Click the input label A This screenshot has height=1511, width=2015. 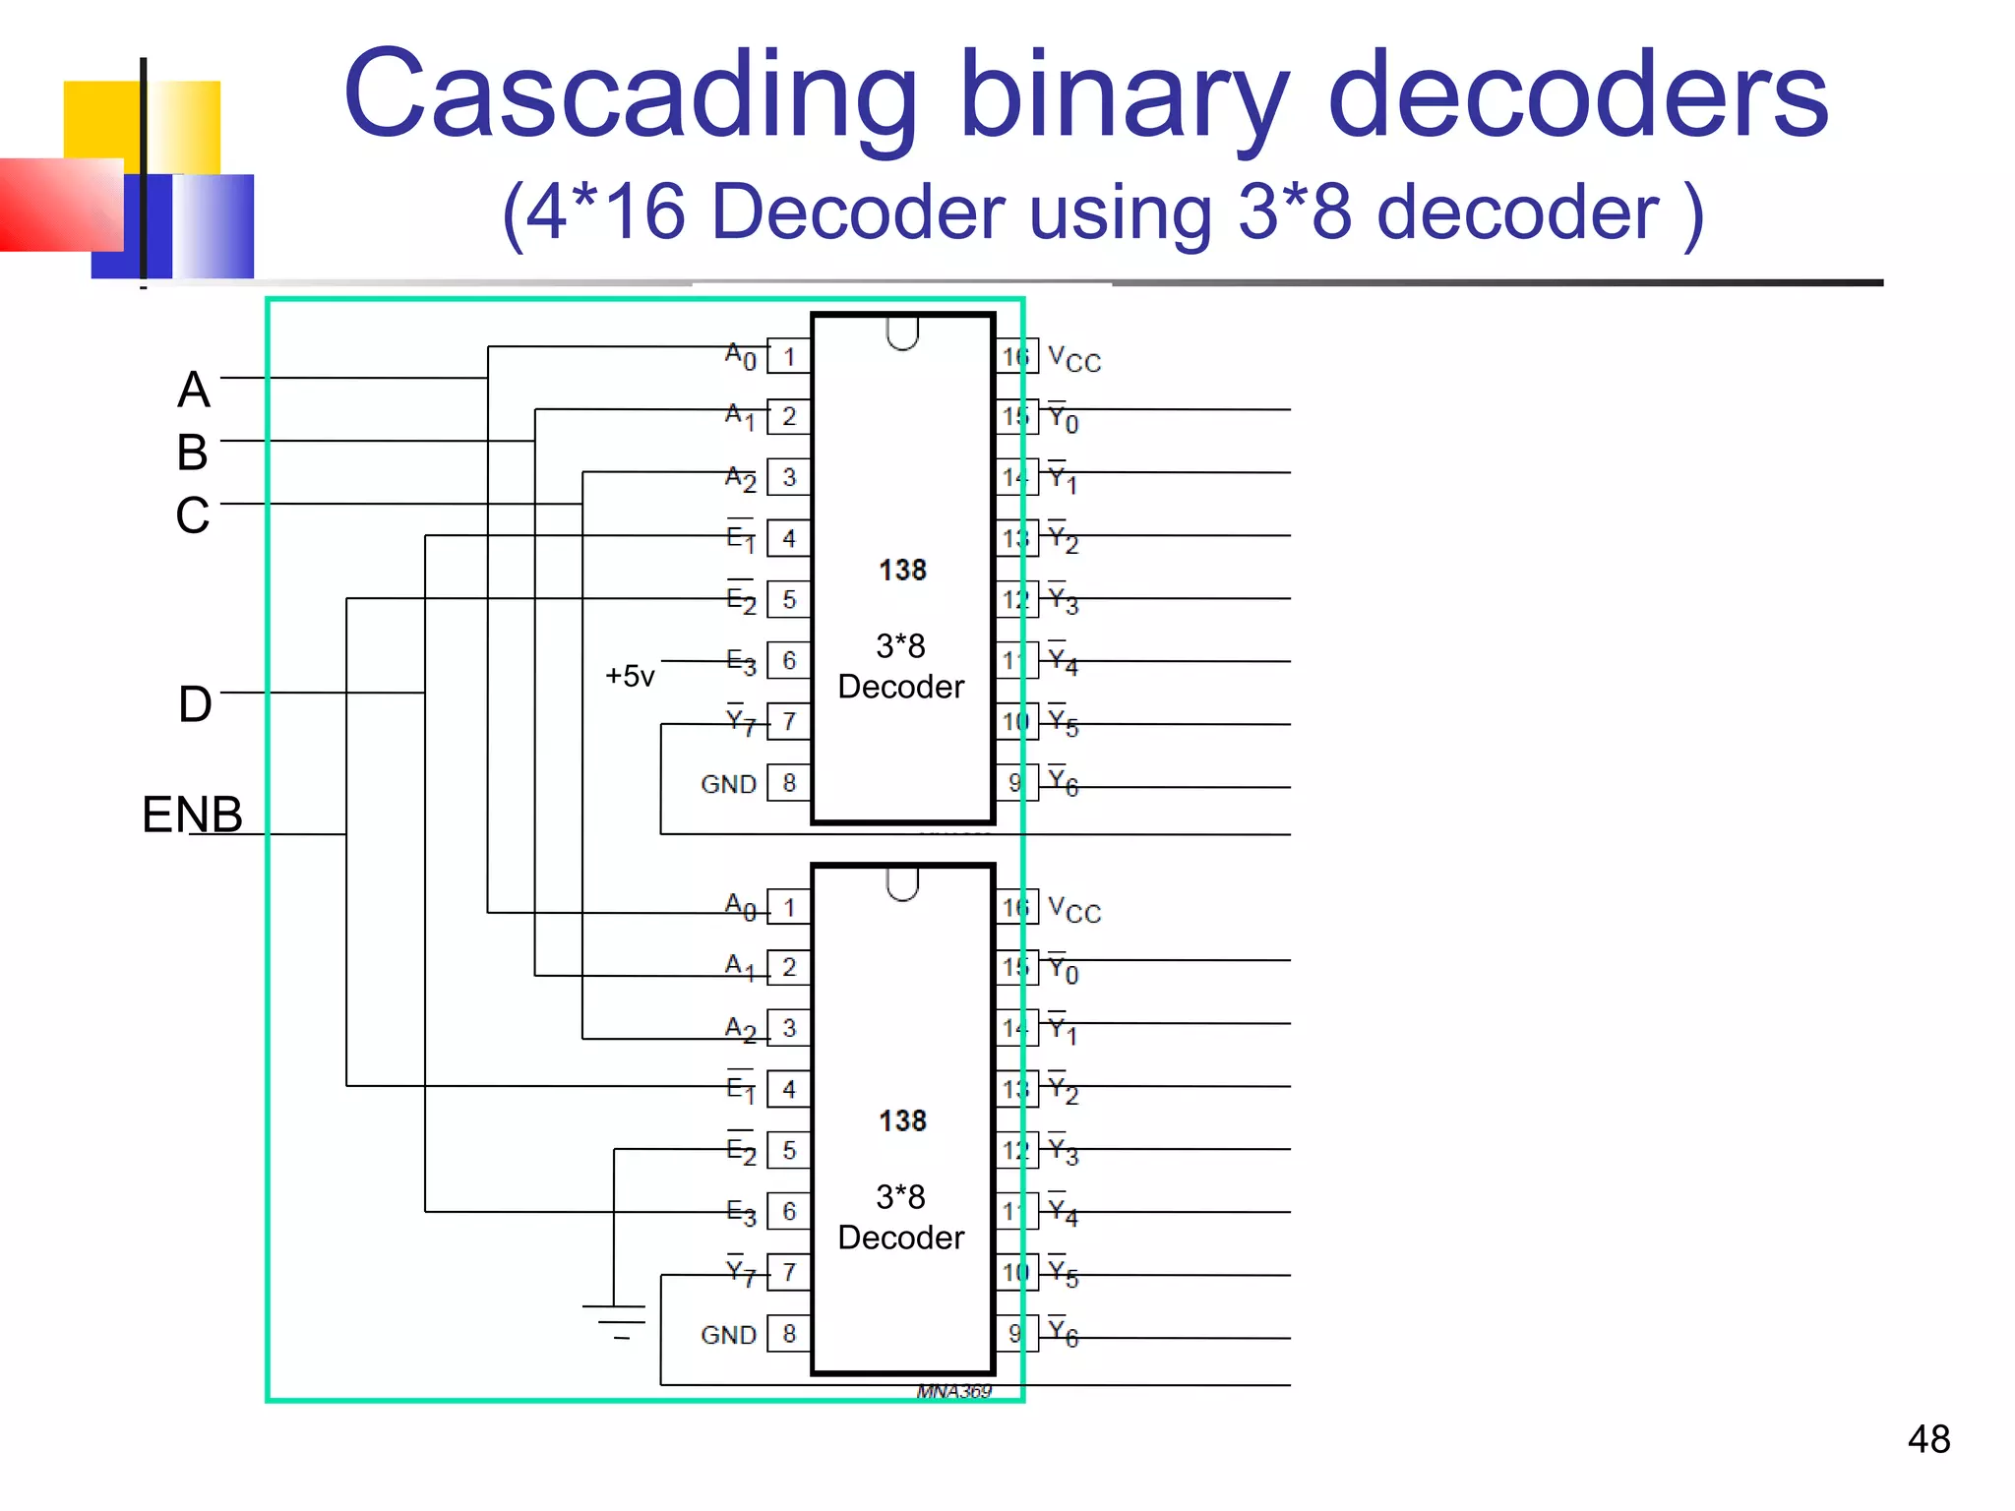194,390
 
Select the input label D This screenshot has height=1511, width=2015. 195,704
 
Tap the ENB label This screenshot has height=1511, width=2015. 192,815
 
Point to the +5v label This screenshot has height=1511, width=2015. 630,676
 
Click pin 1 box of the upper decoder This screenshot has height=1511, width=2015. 788,356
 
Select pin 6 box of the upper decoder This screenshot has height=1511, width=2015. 788,660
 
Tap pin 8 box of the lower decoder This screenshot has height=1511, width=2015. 788,1333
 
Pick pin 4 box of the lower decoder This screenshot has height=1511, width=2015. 788,1089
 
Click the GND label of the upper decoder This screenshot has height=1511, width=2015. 728,784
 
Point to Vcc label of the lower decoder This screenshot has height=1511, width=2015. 1074,910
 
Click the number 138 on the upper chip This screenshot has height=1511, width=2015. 902,571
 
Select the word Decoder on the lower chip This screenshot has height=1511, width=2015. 901,1238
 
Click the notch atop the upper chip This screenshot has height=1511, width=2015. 902,333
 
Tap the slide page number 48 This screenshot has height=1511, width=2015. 1928,1439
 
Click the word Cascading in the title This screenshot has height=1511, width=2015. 630,96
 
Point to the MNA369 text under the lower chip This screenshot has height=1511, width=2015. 953,1391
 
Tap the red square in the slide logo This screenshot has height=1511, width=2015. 59,205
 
